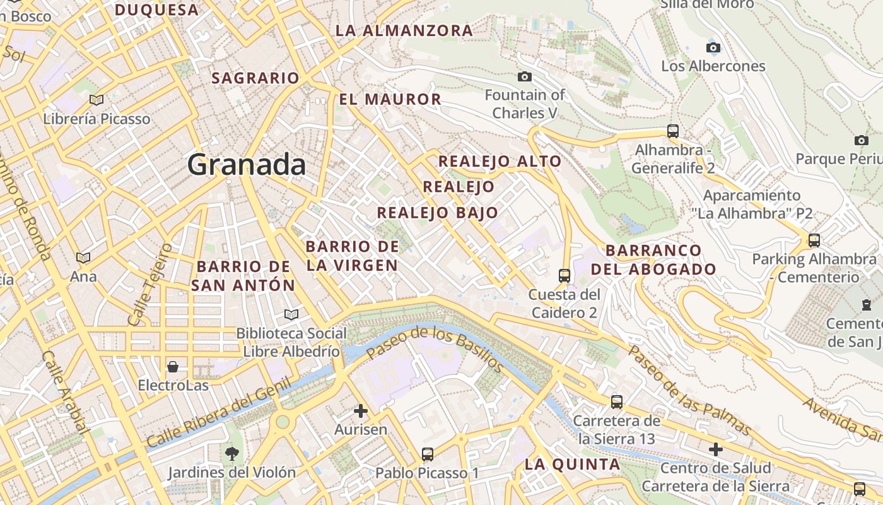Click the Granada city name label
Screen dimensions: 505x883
[247, 165]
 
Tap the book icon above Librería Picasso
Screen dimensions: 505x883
[96, 100]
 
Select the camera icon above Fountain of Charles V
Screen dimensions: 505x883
[524, 77]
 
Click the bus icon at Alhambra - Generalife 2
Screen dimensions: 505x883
[673, 131]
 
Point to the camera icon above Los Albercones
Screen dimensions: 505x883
[713, 47]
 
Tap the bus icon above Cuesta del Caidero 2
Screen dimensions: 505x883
[564, 275]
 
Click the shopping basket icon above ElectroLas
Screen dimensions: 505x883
[172, 366]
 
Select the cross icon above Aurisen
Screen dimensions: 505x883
[361, 411]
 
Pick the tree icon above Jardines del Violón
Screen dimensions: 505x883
[232, 453]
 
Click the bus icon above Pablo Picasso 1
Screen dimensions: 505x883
[428, 454]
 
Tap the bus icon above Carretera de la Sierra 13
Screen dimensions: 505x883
[617, 401]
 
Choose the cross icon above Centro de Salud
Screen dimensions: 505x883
[715, 449]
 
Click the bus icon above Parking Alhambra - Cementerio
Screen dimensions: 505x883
[814, 240]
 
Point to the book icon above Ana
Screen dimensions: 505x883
[83, 258]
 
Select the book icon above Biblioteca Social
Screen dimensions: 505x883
[291, 314]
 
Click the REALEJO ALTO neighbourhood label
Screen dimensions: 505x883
[500, 161]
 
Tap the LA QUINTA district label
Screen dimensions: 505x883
[573, 465]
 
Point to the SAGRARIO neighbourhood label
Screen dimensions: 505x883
[255, 78]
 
